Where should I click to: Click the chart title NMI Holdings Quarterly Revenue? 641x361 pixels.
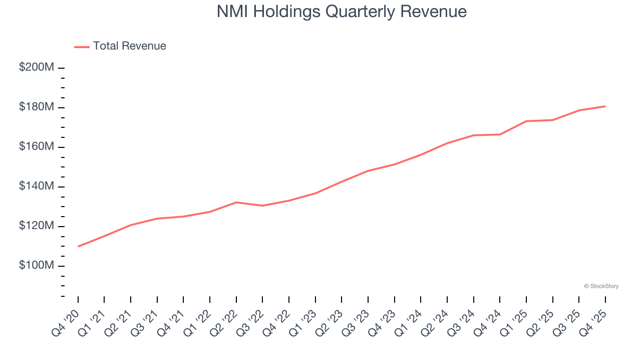pos(342,12)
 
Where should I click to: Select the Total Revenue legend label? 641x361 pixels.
pos(129,46)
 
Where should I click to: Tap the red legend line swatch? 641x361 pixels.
pos(82,47)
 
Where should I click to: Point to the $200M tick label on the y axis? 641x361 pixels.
pos(37,67)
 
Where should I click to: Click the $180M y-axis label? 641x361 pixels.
pos(37,107)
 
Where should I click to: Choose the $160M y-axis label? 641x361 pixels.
pos(37,146)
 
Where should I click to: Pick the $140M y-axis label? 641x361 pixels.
pos(37,186)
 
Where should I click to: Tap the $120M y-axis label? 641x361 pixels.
pos(37,226)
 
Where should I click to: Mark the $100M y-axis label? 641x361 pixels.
pos(37,265)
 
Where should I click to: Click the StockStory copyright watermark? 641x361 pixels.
pos(601,286)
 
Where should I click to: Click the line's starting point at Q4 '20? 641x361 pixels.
pos(78,246)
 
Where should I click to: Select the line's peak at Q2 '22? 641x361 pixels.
pos(236,202)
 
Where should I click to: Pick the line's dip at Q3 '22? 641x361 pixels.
pos(262,206)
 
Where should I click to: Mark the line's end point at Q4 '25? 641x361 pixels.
pos(605,106)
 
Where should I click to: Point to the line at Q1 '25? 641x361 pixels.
pos(526,121)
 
